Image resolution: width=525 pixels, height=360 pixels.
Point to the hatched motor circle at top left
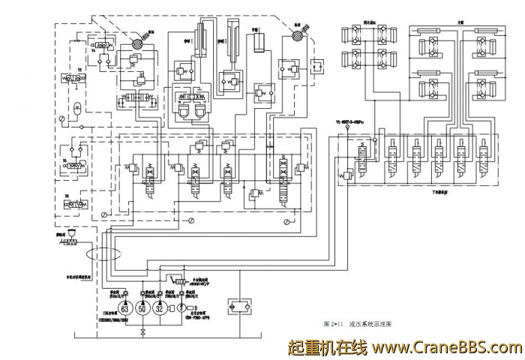136,44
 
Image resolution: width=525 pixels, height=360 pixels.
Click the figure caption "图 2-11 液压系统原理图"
362,325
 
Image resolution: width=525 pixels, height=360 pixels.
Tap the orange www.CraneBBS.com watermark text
446,348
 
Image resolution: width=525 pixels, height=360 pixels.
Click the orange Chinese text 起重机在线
327,348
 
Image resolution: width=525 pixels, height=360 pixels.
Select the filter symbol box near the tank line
238,306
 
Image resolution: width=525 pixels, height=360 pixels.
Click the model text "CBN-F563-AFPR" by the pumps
197,317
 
